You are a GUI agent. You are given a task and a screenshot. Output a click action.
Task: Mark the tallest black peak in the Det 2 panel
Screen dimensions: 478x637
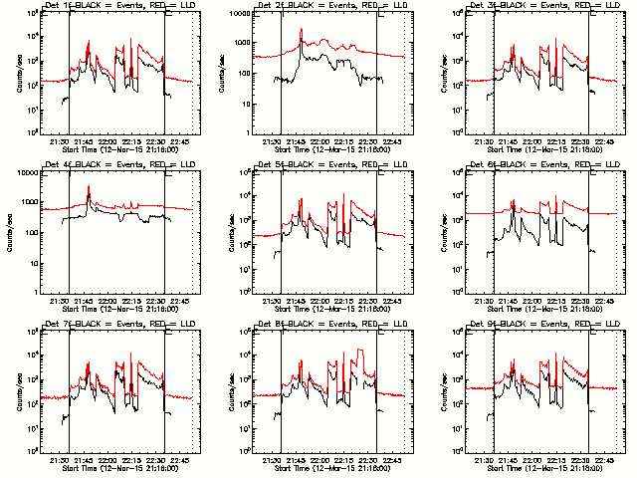[301, 30]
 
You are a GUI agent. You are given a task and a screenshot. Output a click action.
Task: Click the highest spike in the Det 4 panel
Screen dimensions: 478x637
[89, 187]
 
